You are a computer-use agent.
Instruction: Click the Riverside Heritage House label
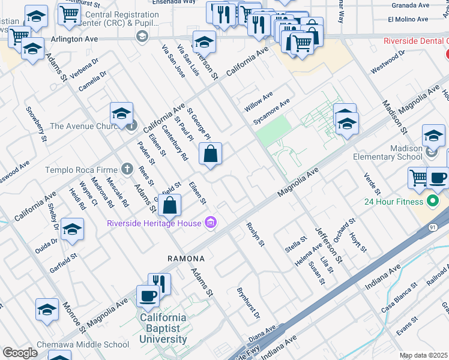tap(154, 224)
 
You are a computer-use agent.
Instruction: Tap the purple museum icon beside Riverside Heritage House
tap(210, 224)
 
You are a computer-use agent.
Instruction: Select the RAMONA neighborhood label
tap(186, 259)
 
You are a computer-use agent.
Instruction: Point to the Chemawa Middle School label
tap(83, 344)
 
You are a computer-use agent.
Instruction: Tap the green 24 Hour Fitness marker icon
tap(432, 201)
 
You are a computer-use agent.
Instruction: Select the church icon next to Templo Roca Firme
tap(127, 170)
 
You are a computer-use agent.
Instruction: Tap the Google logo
tap(20, 353)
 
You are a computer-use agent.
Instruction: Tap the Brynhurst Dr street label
tap(248, 302)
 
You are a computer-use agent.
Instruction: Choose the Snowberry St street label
tap(36, 124)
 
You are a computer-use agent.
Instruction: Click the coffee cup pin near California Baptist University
tap(148, 295)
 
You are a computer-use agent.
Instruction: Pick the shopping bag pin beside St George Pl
tap(211, 154)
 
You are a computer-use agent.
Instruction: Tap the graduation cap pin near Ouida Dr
tap(72, 230)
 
